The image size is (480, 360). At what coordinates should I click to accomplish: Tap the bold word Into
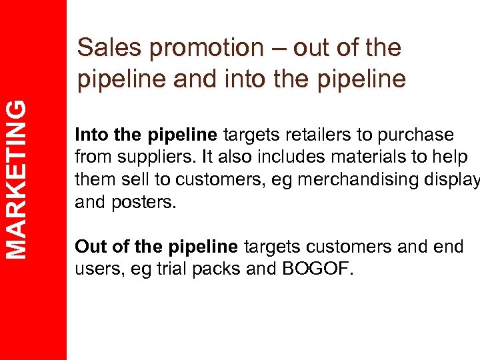92,135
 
